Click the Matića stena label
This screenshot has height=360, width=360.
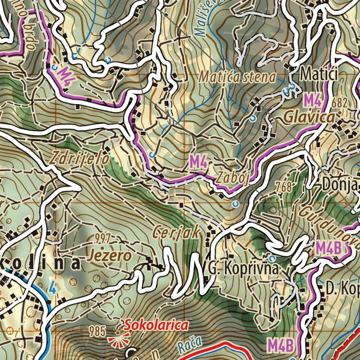click(237, 76)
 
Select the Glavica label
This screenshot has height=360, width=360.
click(309, 117)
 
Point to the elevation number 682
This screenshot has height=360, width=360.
click(341, 102)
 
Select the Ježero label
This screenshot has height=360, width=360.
click(109, 256)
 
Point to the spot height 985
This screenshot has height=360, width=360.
click(96, 332)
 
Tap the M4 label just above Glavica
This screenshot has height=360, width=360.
click(312, 100)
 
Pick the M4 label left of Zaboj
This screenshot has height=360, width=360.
click(198, 163)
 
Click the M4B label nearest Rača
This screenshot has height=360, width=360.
click(282, 345)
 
